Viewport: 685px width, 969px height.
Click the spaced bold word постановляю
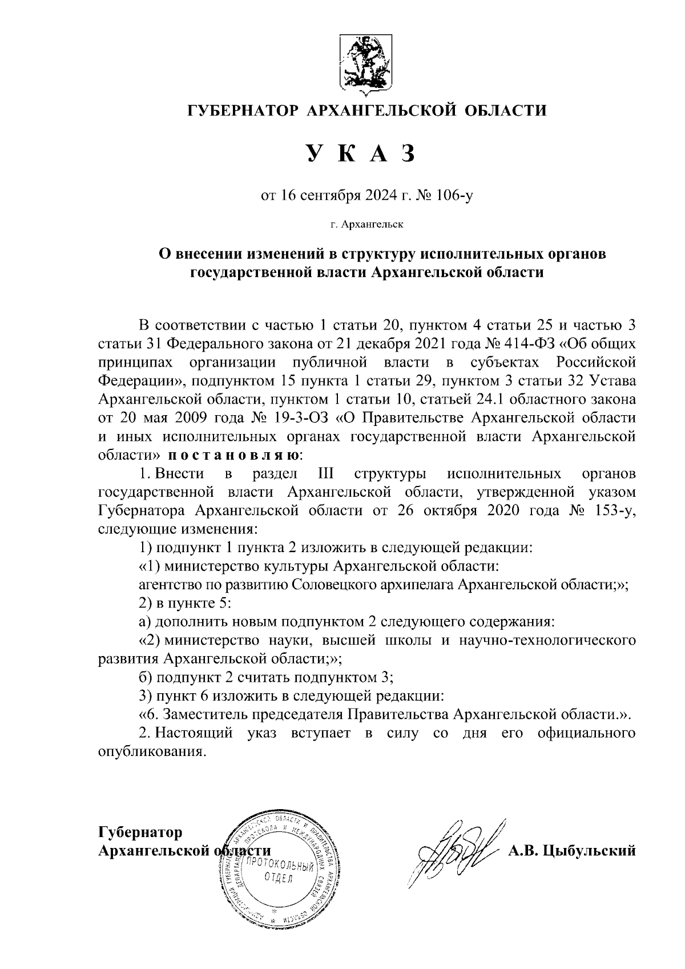pos(234,455)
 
